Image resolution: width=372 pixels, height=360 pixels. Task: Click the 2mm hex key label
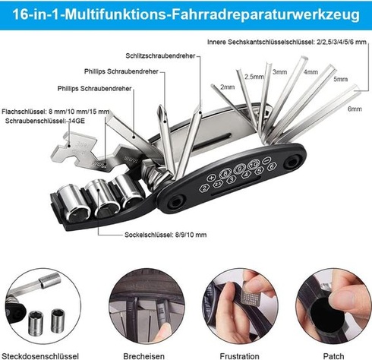227,87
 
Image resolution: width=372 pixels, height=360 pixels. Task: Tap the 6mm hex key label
355,109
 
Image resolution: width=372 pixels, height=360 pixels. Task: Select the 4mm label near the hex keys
311,72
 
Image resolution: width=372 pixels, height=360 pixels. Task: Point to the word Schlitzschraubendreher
160,55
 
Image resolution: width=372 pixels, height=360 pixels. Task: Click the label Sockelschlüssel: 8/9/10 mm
166,235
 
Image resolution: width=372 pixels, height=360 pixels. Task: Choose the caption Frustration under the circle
239,356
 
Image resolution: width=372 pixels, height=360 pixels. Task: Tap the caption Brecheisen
143,356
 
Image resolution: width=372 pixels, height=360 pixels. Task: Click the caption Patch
333,356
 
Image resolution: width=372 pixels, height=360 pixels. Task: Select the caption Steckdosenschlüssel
40,356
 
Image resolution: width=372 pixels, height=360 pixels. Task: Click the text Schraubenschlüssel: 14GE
45,121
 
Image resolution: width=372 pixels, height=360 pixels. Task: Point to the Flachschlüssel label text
55,112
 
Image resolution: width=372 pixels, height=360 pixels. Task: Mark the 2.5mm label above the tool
254,77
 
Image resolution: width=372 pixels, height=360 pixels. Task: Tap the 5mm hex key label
340,79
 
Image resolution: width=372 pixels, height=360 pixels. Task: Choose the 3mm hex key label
279,72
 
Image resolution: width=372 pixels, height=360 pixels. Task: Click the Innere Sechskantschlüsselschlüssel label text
287,42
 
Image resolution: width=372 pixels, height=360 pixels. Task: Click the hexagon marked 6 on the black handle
272,166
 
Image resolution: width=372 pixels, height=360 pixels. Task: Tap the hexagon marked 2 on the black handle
204,188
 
